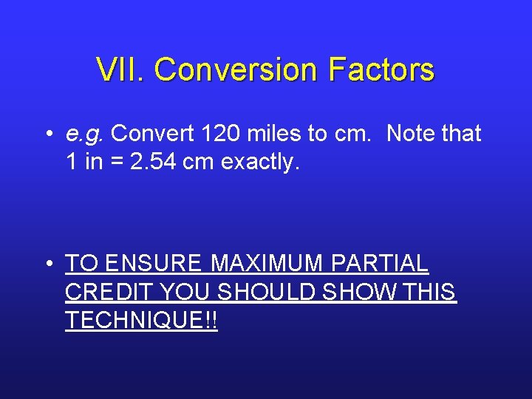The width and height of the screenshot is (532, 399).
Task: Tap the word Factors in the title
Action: point(381,70)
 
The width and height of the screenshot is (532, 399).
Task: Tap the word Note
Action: point(412,134)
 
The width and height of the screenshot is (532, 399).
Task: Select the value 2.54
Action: point(152,163)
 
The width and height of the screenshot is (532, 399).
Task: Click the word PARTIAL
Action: point(380,263)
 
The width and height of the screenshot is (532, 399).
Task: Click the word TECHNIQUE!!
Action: point(141,321)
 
